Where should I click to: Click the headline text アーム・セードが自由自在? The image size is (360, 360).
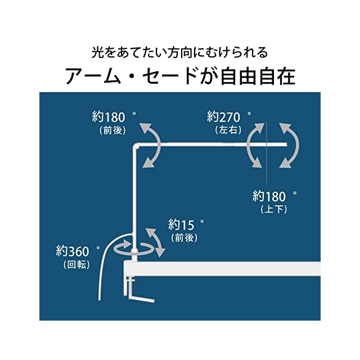[x=180, y=75]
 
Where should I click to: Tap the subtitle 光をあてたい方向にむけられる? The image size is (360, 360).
[x=180, y=53]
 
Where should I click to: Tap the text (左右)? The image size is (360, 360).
[x=228, y=129]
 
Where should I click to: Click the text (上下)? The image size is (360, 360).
[x=274, y=209]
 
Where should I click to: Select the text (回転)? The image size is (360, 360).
[x=76, y=264]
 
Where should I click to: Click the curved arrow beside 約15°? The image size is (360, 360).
[x=155, y=241]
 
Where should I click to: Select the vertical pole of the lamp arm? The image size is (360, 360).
[x=135, y=197]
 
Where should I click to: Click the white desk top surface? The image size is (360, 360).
[x=225, y=268]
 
